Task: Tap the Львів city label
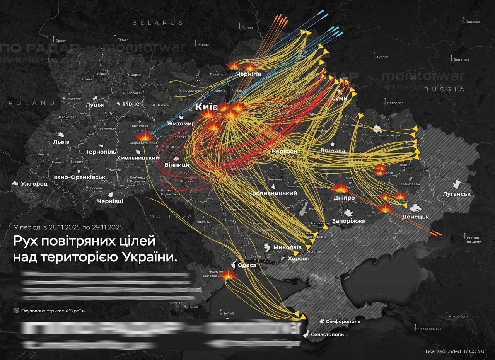(x=61, y=142)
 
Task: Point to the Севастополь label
(x=327, y=334)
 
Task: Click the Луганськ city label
(x=457, y=194)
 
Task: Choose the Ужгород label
(x=35, y=184)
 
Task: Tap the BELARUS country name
(x=157, y=23)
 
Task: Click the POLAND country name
(x=32, y=103)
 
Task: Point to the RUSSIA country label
(x=444, y=89)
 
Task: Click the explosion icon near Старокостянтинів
(x=145, y=136)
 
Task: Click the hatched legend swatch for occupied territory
(x=16, y=311)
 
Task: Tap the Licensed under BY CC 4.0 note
(x=454, y=351)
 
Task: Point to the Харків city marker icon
(x=377, y=128)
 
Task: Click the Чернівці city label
(x=110, y=201)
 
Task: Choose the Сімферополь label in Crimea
(x=343, y=321)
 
